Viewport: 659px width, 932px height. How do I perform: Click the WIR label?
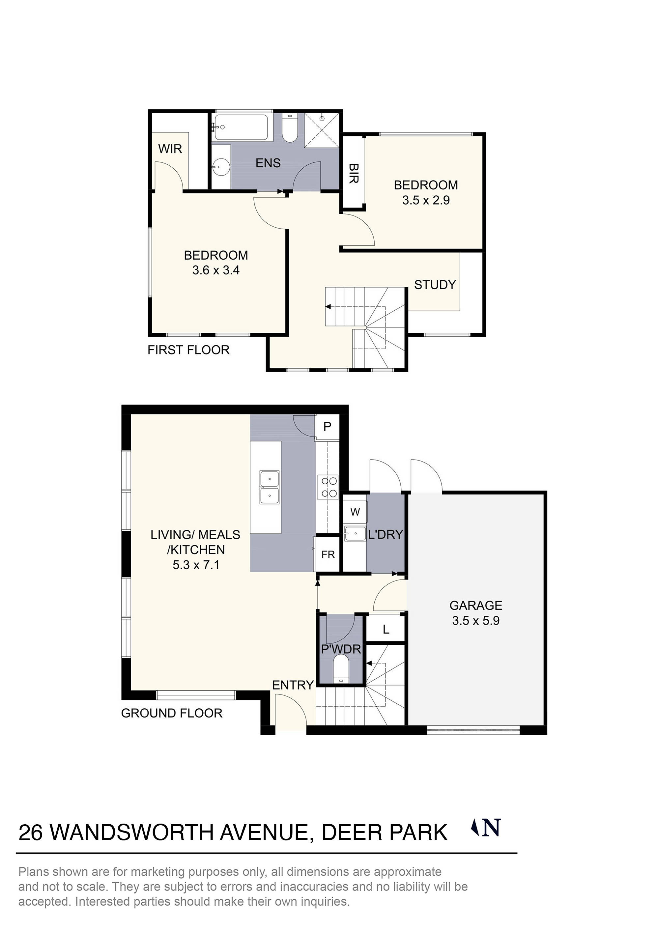click(170, 149)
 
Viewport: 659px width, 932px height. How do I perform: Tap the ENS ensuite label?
click(268, 163)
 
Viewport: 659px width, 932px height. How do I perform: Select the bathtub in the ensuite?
click(241, 127)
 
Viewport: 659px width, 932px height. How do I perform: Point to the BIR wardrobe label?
click(353, 174)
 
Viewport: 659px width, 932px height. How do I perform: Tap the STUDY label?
click(435, 285)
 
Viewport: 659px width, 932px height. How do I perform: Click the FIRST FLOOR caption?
click(188, 350)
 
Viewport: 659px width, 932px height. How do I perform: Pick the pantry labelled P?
click(327, 427)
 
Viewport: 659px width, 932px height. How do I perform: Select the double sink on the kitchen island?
click(269, 487)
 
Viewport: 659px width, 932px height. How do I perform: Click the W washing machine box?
click(355, 512)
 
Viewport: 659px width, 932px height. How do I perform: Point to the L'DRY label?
click(385, 535)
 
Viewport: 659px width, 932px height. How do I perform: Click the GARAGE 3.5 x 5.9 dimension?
click(475, 621)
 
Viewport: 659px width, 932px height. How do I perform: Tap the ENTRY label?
click(292, 685)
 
